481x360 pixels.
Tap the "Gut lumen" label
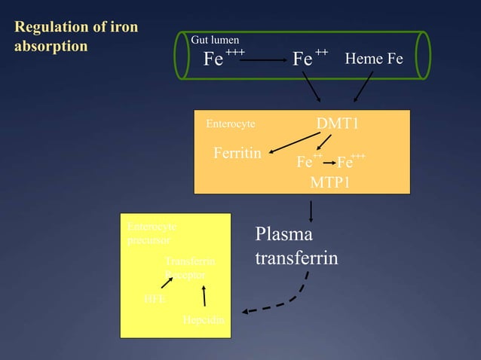pos(215,39)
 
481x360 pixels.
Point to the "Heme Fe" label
pos(374,58)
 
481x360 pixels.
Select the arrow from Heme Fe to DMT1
pos(363,87)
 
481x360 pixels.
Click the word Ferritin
pos(237,153)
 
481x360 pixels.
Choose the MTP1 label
pos(330,182)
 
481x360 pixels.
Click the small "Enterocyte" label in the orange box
pos(230,123)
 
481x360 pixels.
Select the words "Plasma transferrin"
pos(296,246)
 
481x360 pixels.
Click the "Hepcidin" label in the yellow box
pos(203,321)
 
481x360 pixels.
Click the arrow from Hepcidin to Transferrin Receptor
pos(204,296)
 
